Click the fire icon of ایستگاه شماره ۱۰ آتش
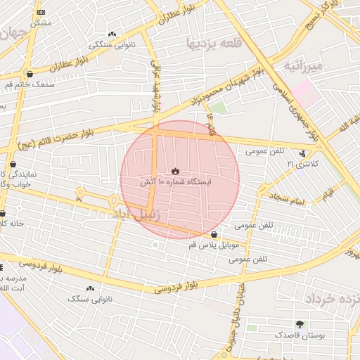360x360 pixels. (175, 171)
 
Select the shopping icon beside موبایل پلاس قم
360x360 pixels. (214, 234)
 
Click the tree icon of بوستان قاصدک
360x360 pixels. (300, 324)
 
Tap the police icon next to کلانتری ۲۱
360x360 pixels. (303, 153)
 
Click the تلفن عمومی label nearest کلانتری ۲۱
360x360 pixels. (265, 151)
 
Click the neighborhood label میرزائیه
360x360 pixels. (304, 67)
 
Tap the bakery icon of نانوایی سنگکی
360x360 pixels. (112, 34)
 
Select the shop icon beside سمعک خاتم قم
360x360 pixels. (29, 73)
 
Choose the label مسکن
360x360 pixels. (40, 23)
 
